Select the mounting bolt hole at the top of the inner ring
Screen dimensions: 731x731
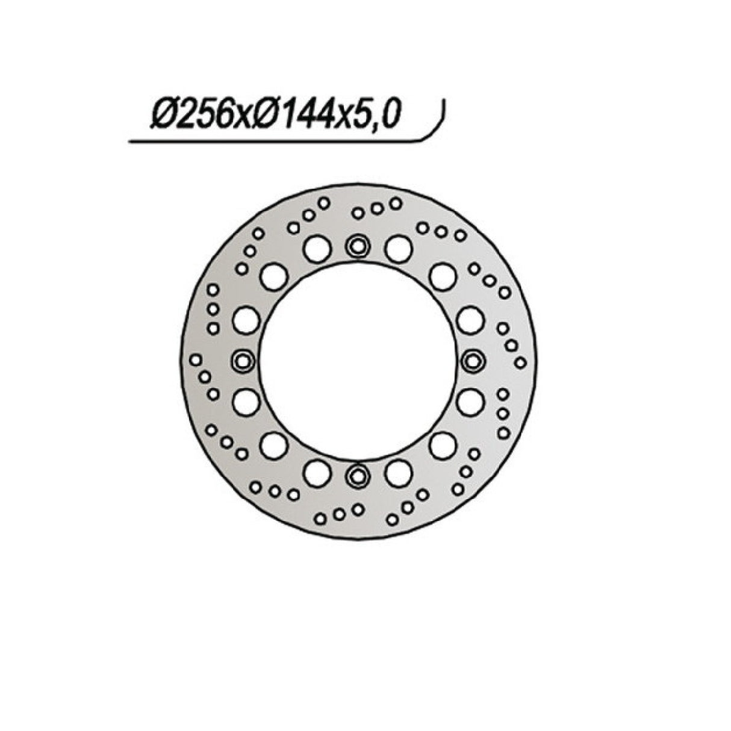(358, 246)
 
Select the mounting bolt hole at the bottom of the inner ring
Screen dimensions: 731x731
(358, 476)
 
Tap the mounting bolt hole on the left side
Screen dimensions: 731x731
(243, 361)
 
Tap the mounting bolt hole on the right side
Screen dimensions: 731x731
(473, 361)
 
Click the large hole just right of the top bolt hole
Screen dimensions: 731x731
(398, 248)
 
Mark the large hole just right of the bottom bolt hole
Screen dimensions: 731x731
(398, 473)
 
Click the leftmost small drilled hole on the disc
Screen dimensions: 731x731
(195, 360)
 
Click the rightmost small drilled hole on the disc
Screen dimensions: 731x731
(521, 362)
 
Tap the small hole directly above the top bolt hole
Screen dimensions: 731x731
(358, 213)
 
